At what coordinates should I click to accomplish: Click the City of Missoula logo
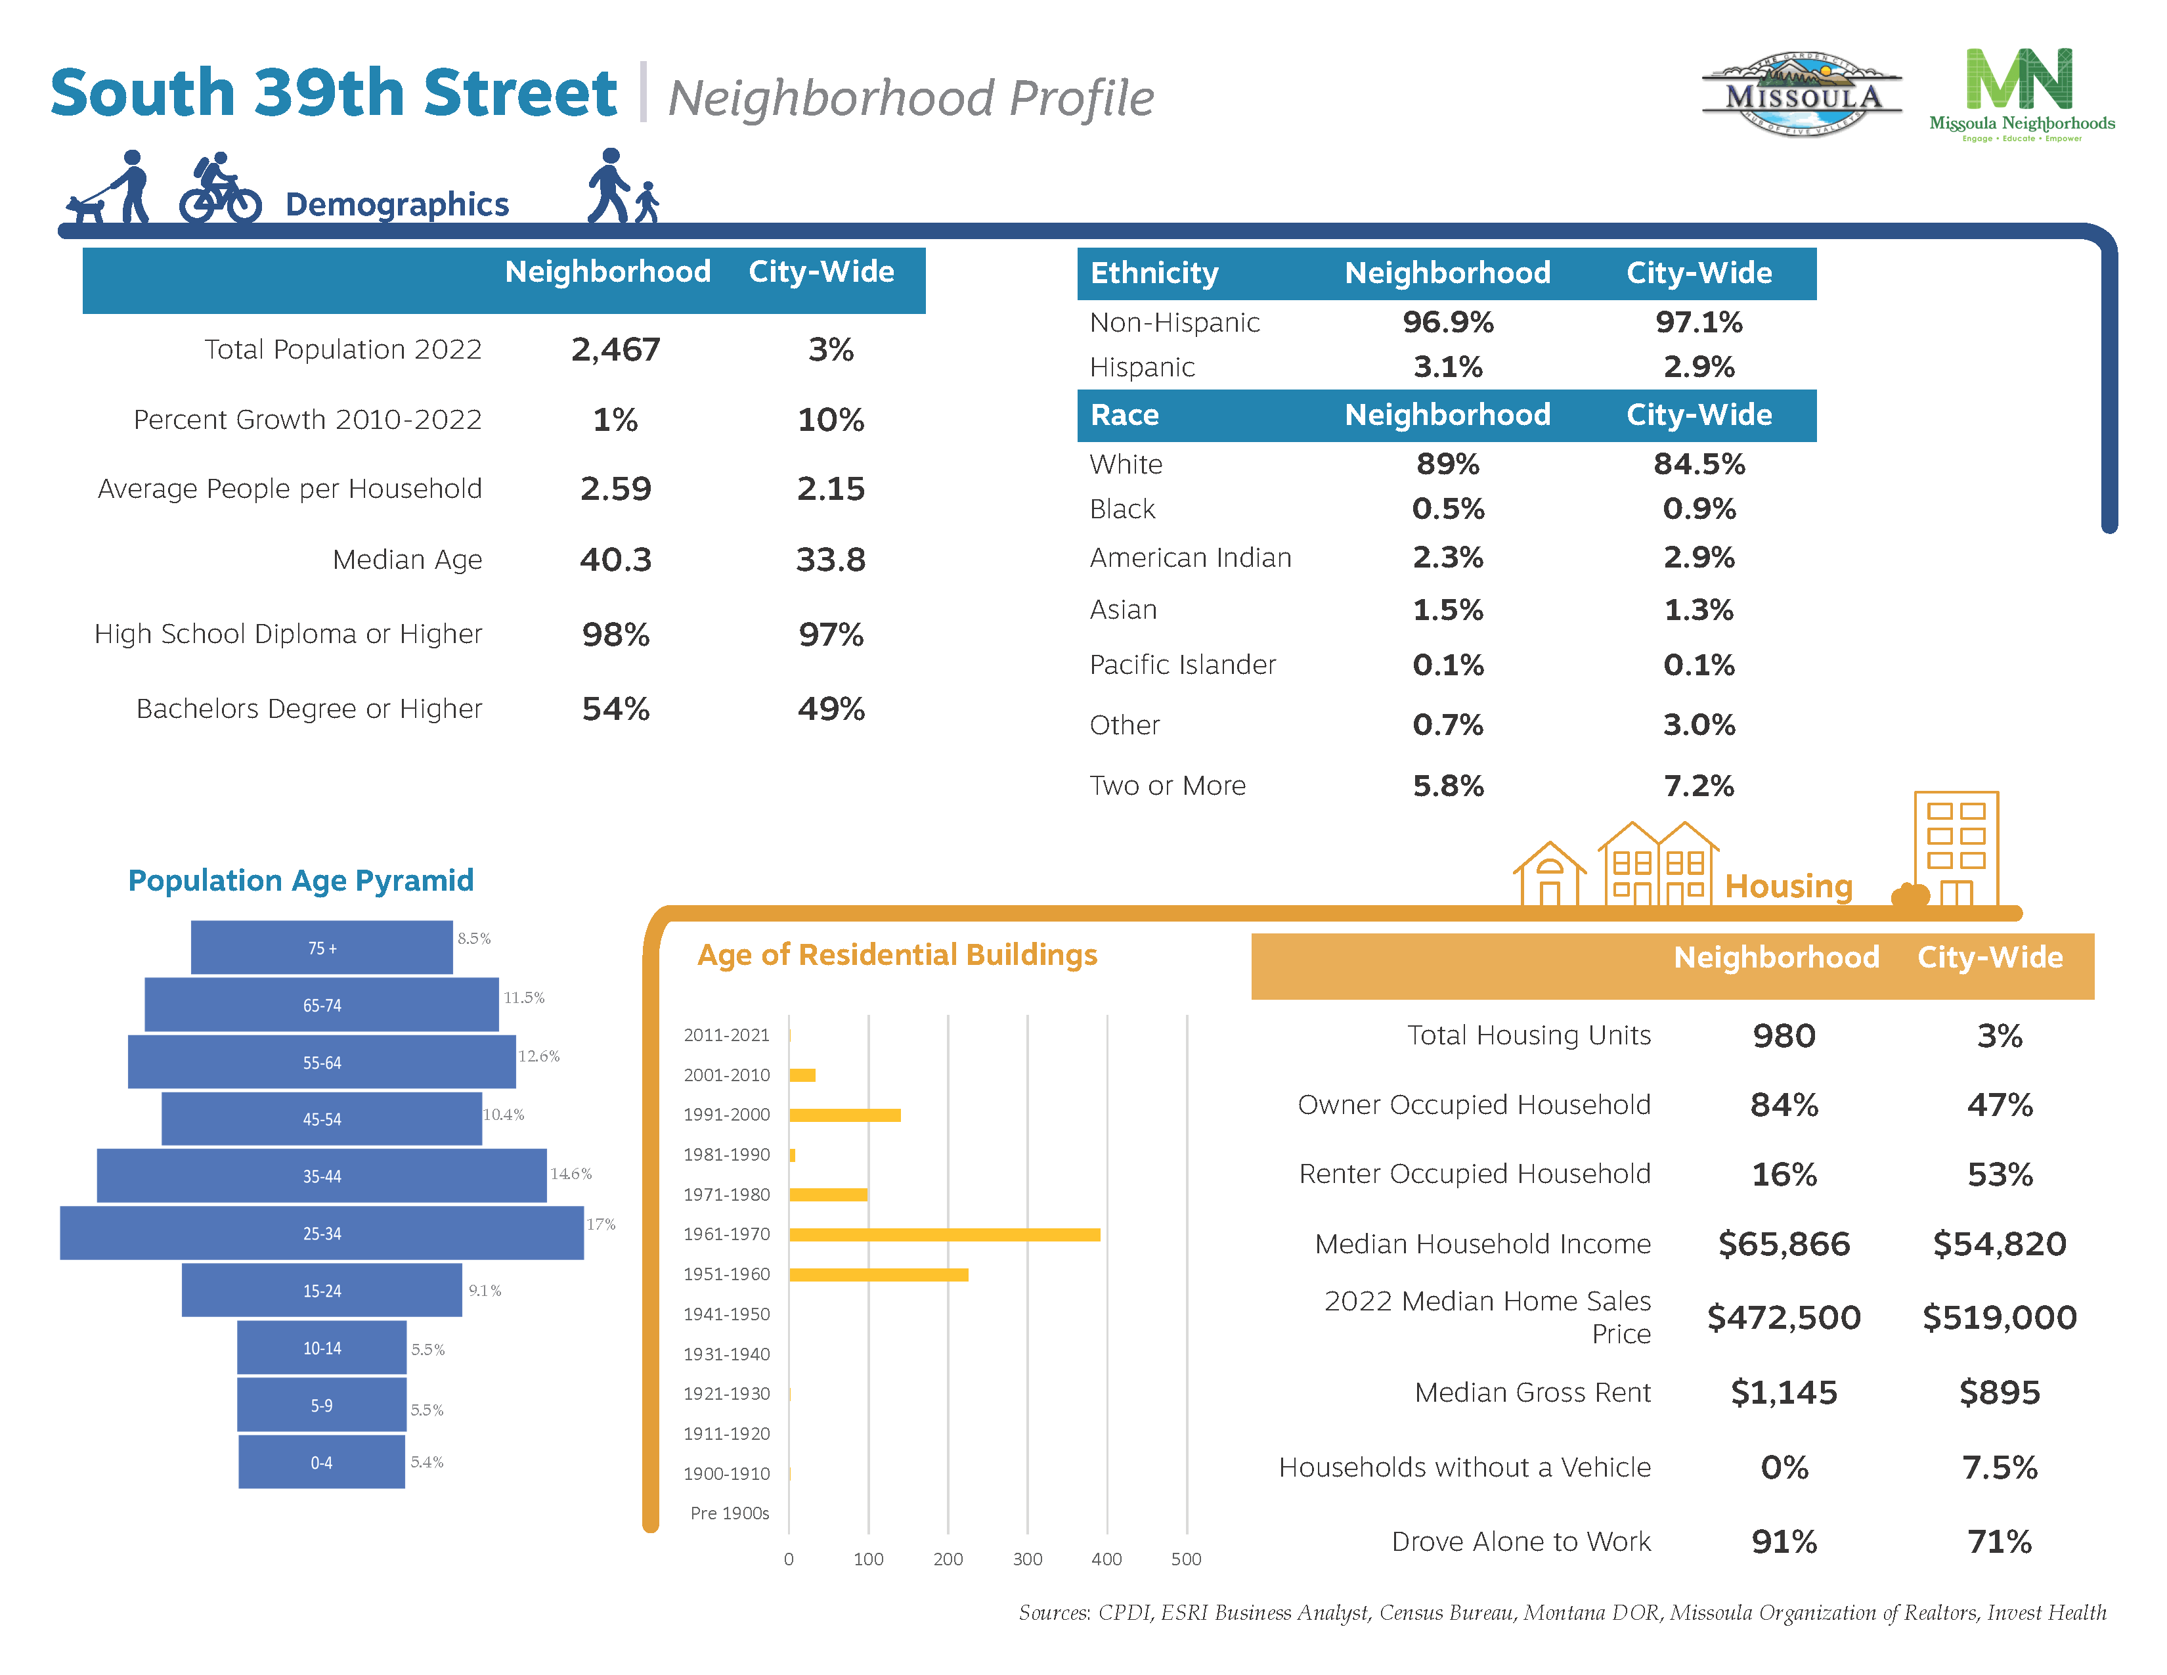click(1801, 95)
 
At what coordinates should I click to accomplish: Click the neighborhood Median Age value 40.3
click(615, 560)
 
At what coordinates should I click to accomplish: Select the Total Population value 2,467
click(615, 349)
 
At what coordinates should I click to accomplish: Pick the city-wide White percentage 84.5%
click(1699, 463)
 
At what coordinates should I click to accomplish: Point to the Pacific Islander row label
click(1183, 665)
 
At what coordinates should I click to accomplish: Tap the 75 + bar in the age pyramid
click(322, 948)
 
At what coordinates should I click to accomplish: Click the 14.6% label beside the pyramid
click(571, 1174)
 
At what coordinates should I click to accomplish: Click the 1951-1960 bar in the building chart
click(878, 1274)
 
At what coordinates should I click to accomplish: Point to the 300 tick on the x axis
click(1027, 1559)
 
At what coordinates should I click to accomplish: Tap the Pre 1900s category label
click(730, 1513)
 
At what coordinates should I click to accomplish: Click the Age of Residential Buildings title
click(897, 954)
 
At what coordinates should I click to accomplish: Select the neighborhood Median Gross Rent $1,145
click(1783, 1392)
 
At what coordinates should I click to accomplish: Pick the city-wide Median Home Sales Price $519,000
click(1998, 1318)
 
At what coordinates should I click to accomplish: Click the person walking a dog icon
click(109, 189)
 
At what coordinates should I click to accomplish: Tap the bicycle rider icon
click(220, 189)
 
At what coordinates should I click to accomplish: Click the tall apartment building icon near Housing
click(1955, 849)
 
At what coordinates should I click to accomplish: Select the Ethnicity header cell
click(1154, 273)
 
